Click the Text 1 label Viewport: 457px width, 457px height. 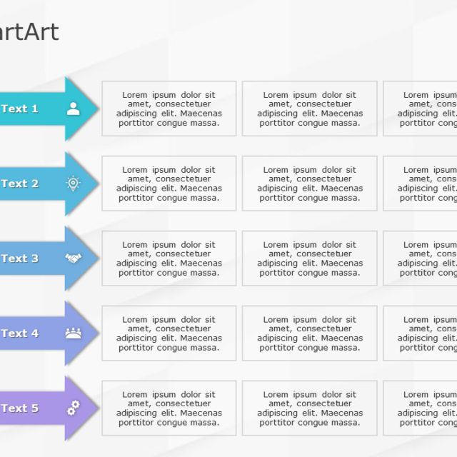tap(19, 109)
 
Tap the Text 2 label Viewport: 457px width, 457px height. tap(19, 184)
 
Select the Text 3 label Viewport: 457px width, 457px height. tap(19, 258)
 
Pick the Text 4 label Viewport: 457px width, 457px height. tap(19, 333)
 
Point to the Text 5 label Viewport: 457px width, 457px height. tap(19, 408)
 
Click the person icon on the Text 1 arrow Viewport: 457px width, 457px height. tap(73, 109)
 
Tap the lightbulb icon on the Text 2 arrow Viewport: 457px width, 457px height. tap(73, 184)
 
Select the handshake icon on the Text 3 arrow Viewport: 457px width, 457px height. tap(73, 258)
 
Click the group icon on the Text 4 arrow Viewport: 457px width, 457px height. tap(73, 333)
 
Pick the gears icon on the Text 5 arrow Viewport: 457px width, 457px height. tap(73, 408)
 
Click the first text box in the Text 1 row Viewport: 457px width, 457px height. tap(169, 109)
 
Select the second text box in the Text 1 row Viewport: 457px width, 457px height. tap(309, 109)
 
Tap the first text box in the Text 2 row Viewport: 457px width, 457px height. tap(169, 184)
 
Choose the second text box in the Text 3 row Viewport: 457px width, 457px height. tap(309, 258)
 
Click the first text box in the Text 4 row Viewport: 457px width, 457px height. tap(169, 333)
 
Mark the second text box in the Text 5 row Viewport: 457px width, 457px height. tap(309, 408)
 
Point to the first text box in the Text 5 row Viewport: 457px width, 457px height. tap(169, 408)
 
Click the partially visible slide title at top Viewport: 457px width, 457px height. tap(29, 32)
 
